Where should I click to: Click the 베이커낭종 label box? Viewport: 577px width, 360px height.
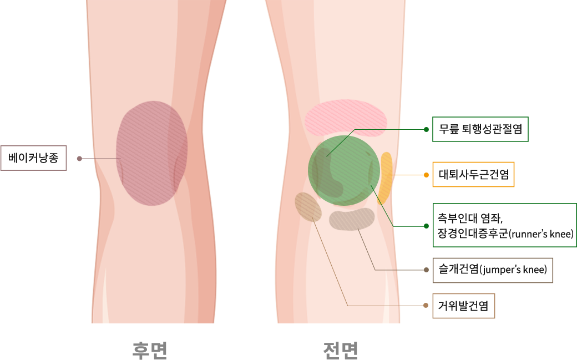pyautogui.click(x=33, y=158)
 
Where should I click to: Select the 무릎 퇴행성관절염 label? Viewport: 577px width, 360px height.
pyautogui.click(x=480, y=129)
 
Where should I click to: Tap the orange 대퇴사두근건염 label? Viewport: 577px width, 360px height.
pyautogui.click(x=473, y=175)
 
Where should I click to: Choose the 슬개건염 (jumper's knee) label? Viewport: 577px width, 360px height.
pyautogui.click(x=493, y=270)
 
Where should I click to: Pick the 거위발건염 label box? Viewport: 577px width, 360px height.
pyautogui.click(x=463, y=306)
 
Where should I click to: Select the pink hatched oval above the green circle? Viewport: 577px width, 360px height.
pyautogui.click(x=346, y=118)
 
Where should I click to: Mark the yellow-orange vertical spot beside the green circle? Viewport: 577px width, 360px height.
pyautogui.click(x=386, y=178)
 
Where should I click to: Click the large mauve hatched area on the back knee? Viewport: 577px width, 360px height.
pyautogui.click(x=151, y=154)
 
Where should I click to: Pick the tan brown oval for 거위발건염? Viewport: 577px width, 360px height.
pyautogui.click(x=308, y=206)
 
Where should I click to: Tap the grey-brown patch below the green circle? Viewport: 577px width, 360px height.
pyautogui.click(x=352, y=219)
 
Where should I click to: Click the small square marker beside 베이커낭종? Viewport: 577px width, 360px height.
pyautogui.click(x=79, y=158)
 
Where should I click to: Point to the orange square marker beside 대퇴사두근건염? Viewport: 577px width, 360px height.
pyautogui.click(x=426, y=175)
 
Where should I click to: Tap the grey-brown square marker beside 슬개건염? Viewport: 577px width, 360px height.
pyautogui.click(x=426, y=270)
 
